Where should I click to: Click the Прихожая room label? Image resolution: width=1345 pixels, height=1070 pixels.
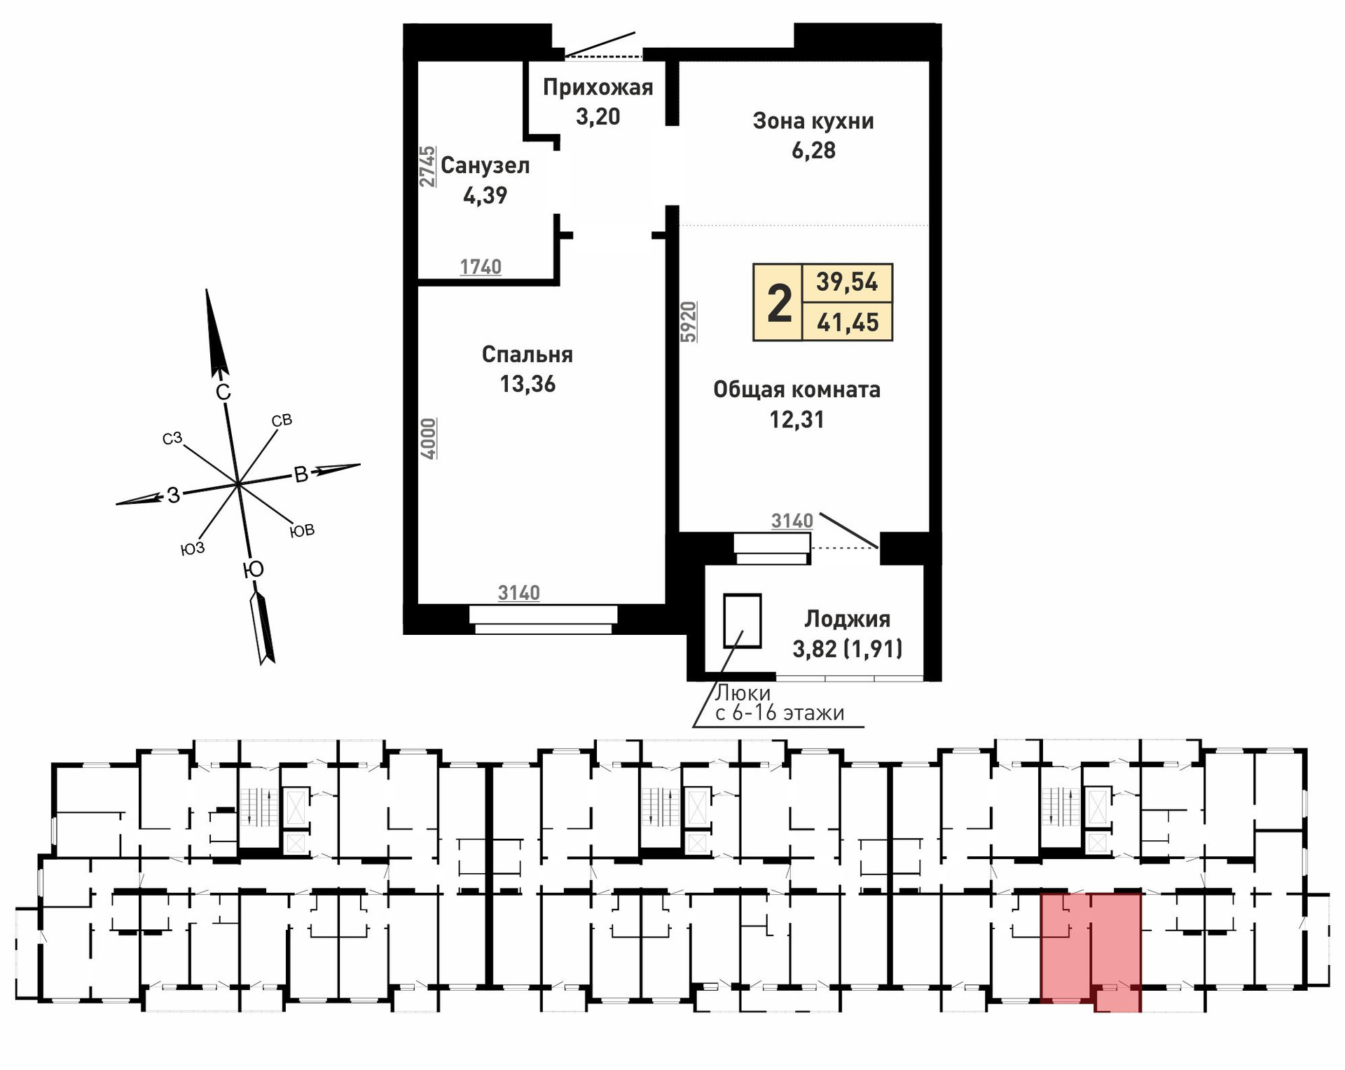click(598, 88)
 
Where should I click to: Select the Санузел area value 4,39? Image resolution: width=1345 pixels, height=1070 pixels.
click(485, 196)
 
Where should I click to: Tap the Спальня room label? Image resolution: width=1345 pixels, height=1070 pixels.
click(527, 355)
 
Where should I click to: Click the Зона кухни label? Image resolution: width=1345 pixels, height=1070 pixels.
click(813, 121)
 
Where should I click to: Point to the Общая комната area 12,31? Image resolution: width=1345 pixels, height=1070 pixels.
click(796, 420)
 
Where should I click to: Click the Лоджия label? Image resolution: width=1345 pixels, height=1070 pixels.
click(847, 619)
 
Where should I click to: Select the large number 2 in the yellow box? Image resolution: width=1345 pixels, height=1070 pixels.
click(779, 303)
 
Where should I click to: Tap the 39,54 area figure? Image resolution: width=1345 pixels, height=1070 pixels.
click(847, 282)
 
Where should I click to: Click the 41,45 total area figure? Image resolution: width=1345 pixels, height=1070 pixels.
click(848, 322)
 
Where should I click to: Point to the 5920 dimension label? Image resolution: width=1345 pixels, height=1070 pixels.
click(689, 322)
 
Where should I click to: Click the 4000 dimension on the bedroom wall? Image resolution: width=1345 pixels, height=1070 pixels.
click(429, 439)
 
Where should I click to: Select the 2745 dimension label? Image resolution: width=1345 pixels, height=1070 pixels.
click(427, 167)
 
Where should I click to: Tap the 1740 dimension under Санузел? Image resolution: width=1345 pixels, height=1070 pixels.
click(481, 267)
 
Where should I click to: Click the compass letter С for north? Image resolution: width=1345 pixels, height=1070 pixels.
click(223, 392)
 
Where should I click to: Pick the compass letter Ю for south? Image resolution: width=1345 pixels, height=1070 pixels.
click(253, 570)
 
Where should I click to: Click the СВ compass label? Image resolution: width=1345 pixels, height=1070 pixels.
click(281, 420)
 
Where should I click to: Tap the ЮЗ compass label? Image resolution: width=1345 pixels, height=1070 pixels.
click(193, 549)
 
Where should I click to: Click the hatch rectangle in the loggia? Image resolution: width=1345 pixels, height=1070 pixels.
click(742, 621)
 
